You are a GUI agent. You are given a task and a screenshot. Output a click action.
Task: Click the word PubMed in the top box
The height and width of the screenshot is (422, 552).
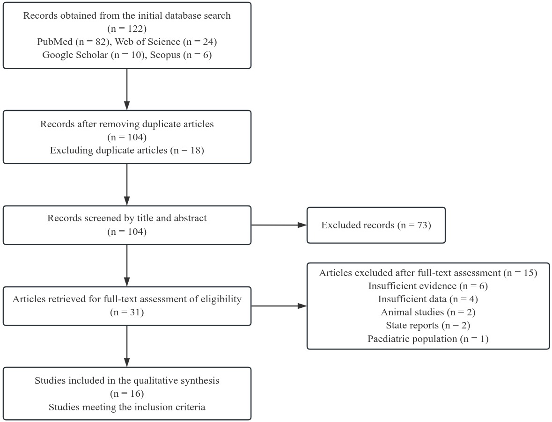55,42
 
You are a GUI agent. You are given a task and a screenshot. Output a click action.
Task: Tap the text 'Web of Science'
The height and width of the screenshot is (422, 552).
147,42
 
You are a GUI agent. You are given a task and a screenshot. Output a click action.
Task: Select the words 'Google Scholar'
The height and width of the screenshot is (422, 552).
75,55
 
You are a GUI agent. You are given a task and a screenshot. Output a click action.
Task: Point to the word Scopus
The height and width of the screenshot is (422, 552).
165,55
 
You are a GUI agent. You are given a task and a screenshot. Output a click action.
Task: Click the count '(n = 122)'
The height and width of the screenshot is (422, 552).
127,29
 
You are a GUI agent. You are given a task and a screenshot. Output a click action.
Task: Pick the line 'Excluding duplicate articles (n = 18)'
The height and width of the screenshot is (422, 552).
127,151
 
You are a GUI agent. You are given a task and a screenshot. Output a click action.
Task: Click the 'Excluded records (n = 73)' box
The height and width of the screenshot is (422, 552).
376,225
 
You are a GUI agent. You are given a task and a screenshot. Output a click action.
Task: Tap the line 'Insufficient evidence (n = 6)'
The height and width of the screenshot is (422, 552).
428,286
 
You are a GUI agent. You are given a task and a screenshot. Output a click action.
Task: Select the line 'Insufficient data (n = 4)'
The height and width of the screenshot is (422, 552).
428,299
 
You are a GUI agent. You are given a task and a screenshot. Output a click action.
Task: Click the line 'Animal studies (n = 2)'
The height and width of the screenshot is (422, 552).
428,312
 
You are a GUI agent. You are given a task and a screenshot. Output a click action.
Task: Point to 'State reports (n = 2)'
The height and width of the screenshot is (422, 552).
428,325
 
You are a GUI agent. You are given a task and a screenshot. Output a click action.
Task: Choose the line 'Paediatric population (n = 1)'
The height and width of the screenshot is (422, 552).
428,339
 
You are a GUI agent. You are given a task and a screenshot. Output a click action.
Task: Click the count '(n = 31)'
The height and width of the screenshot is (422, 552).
127,312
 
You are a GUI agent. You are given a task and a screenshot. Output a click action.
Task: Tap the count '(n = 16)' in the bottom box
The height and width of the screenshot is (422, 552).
127,393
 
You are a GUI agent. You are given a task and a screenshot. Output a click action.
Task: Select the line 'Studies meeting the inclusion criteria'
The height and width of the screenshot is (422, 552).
127,407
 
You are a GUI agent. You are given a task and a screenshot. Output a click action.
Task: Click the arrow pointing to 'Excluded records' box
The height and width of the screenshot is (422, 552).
279,225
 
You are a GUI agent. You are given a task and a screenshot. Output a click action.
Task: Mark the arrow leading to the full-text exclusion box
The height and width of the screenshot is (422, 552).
279,306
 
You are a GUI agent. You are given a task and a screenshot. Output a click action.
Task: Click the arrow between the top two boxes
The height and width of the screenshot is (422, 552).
127,89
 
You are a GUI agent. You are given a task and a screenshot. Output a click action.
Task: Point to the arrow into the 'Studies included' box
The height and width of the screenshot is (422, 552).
127,346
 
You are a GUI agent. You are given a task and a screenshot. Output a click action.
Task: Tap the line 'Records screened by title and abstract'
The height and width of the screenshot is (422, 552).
127,218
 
